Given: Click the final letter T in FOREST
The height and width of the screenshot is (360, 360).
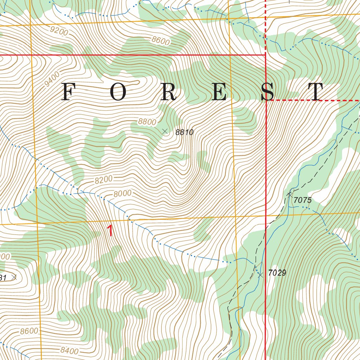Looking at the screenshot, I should (315, 92).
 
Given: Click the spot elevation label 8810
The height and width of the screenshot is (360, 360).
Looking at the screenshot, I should (185, 133).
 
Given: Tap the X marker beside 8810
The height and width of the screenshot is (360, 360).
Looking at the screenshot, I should (165, 131).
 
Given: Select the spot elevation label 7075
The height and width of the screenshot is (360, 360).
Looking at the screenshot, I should (302, 200).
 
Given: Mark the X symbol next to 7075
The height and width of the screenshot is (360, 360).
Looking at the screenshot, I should (290, 194).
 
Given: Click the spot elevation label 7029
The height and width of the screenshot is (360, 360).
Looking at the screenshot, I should (277, 272).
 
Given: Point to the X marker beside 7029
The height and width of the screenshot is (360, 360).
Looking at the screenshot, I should (261, 275).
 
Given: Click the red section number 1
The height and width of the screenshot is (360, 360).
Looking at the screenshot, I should (110, 231).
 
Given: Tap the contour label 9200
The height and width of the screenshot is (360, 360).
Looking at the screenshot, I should (59, 31).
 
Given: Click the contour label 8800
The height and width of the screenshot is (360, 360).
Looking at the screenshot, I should (147, 122).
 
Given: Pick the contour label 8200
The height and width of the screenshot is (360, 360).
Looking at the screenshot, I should (103, 180).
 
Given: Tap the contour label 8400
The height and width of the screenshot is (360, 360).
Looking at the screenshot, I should (69, 350).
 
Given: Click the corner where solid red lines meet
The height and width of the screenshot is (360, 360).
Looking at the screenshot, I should (265, 55).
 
